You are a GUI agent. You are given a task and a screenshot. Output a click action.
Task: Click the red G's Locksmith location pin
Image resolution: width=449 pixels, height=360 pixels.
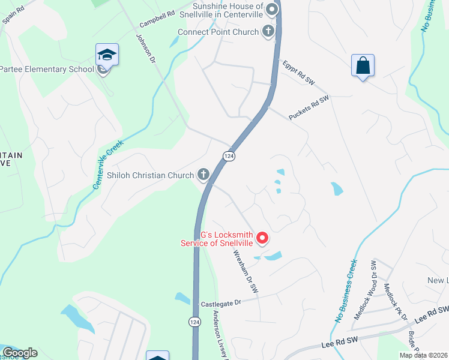[x=262, y=239]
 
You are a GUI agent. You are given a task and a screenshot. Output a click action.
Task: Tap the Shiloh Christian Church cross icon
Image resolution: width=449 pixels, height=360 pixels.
[x=203, y=175]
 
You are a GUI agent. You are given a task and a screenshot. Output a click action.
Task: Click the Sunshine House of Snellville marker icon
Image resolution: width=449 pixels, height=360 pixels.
[x=272, y=9]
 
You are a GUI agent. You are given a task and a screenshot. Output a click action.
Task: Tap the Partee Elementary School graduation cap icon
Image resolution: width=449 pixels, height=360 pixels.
[x=107, y=55]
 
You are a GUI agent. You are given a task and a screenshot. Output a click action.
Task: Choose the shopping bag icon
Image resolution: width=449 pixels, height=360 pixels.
[x=363, y=65]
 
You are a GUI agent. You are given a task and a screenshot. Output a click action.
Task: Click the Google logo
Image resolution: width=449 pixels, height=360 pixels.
[x=20, y=353]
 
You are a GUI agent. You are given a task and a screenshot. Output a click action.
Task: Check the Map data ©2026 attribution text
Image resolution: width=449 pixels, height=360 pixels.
[x=424, y=355]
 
